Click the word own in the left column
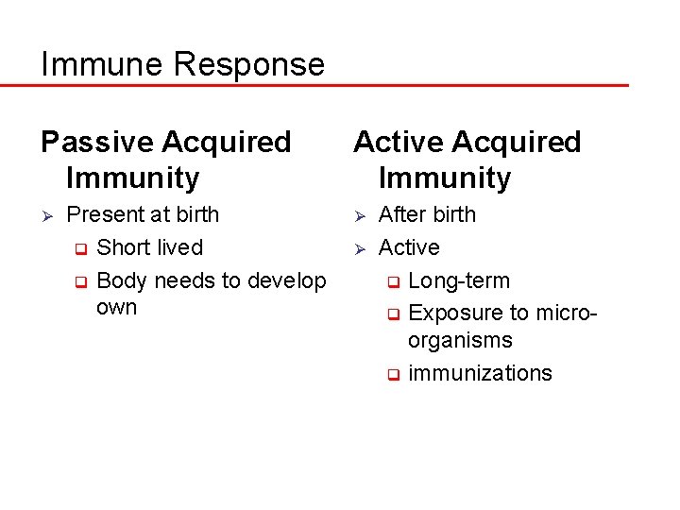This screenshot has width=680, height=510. (116, 308)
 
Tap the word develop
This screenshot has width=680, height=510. (288, 281)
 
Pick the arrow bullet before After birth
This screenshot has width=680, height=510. (359, 216)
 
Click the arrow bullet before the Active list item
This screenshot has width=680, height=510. (359, 249)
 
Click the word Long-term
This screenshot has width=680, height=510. (459, 281)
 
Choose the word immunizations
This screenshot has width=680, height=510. (480, 373)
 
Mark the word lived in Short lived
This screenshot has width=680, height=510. (179, 247)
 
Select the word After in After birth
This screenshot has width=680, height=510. (400, 215)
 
